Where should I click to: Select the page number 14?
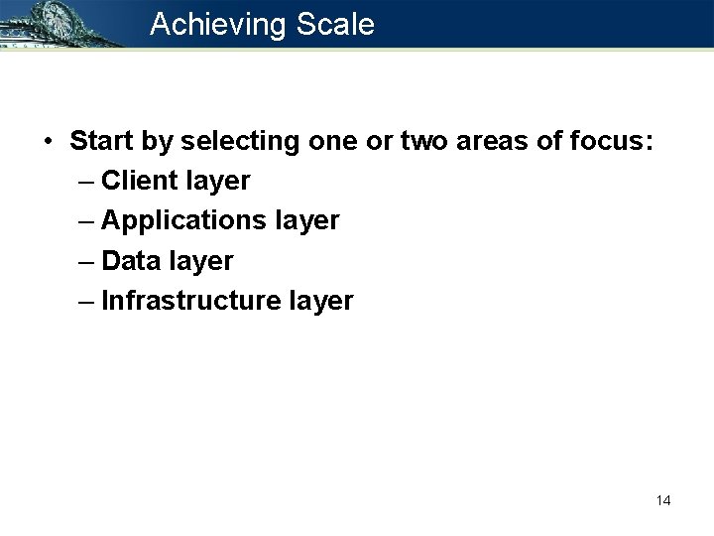(x=663, y=500)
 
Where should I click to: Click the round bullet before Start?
(x=48, y=142)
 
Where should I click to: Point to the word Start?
(x=101, y=142)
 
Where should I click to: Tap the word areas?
(x=496, y=142)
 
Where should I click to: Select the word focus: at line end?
(x=612, y=142)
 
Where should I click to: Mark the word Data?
(x=130, y=261)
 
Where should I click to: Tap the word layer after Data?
(x=200, y=261)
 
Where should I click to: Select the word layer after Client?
(x=217, y=182)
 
